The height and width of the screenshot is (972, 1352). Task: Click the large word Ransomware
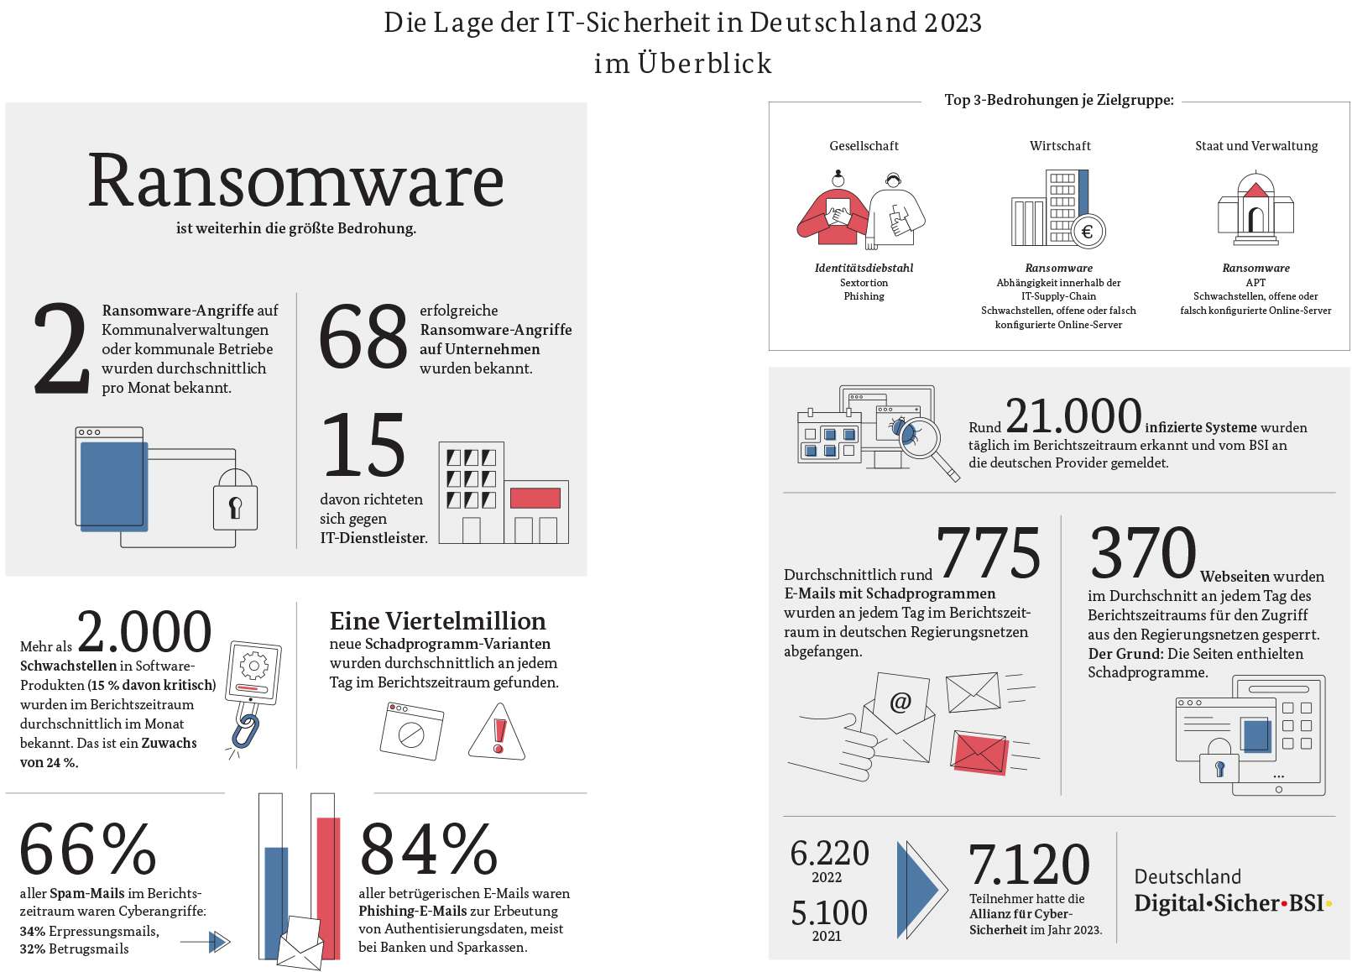pyautogui.click(x=295, y=180)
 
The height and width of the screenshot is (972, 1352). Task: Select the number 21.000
pyautogui.click(x=1073, y=416)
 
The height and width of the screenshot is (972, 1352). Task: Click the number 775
pyautogui.click(x=988, y=553)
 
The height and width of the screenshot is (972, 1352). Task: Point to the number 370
pyautogui.click(x=1142, y=553)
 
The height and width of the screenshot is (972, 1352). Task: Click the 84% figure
pyautogui.click(x=429, y=849)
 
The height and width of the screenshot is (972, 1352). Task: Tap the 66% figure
pyautogui.click(x=88, y=849)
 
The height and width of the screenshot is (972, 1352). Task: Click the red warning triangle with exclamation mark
pyautogui.click(x=498, y=732)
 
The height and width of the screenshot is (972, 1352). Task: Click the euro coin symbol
pyautogui.click(x=1088, y=232)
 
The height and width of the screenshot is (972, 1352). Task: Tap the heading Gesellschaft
pyautogui.click(x=864, y=146)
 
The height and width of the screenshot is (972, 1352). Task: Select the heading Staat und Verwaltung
pyautogui.click(x=1255, y=146)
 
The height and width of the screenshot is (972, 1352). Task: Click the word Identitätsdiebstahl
pyautogui.click(x=864, y=269)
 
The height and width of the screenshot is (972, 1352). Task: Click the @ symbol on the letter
pyautogui.click(x=900, y=702)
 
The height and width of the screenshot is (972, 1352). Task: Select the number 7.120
pyautogui.click(x=1029, y=865)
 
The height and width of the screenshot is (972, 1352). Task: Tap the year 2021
pyautogui.click(x=827, y=936)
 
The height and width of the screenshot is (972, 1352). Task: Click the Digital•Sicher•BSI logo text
pyautogui.click(x=1231, y=903)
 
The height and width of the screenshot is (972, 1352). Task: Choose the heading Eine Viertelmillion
pyautogui.click(x=437, y=621)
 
